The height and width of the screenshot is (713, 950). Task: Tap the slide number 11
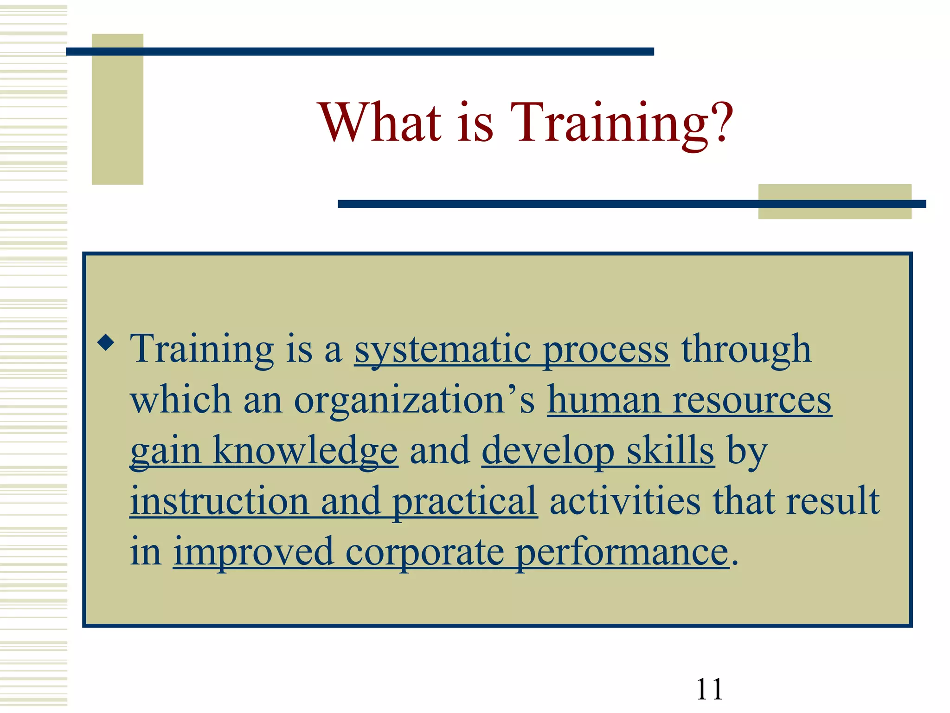709,689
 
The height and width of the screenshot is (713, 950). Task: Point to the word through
746,349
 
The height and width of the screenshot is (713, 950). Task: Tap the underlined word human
603,400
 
